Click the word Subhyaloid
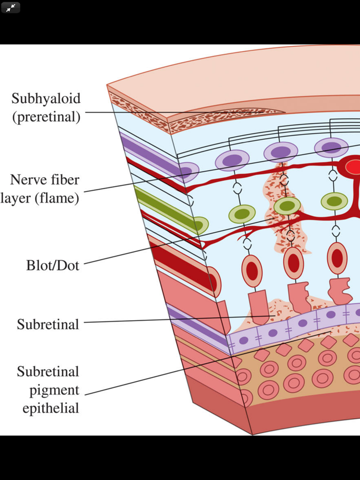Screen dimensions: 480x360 coord(46,98)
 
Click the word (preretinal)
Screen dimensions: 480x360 coord(46,117)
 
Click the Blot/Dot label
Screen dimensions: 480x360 coord(53,265)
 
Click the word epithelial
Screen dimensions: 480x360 coord(47,409)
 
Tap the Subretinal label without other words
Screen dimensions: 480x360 coord(48,324)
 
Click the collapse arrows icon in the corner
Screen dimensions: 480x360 coord(11,8)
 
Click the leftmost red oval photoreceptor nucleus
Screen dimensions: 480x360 coord(252,270)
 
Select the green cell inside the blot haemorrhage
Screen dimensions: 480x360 coord(287,206)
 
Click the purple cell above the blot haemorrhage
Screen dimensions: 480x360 coord(281,152)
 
